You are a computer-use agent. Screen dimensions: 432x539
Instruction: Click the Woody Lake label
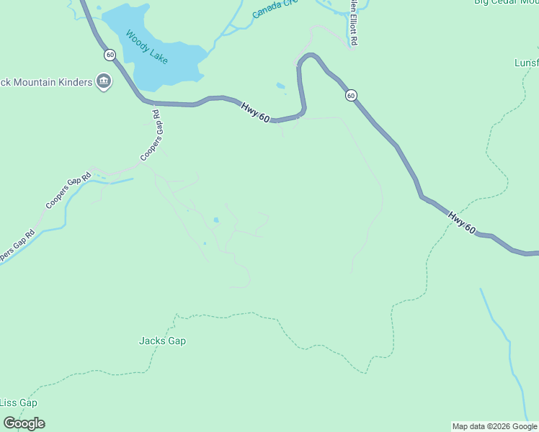pyautogui.click(x=146, y=47)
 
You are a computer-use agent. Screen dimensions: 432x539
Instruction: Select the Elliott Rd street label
pyautogui.click(x=353, y=22)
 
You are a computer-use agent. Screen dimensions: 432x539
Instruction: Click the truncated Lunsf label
pyautogui.click(x=526, y=63)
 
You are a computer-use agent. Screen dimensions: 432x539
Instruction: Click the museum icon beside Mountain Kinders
pyautogui.click(x=104, y=81)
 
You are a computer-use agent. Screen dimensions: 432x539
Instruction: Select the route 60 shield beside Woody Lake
pyautogui.click(x=110, y=55)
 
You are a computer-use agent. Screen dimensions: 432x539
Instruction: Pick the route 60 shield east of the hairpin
pyautogui.click(x=350, y=95)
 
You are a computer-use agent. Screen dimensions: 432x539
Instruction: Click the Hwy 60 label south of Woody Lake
pyautogui.click(x=255, y=112)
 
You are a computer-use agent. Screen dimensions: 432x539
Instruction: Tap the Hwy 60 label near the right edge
pyautogui.click(x=461, y=222)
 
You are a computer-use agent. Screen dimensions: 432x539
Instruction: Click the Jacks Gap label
pyautogui.click(x=162, y=341)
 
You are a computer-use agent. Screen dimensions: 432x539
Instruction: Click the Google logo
pyautogui.click(x=24, y=423)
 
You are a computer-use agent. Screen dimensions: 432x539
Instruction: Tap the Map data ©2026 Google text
pyautogui.click(x=494, y=426)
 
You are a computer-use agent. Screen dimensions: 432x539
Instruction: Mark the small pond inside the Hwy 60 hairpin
pyautogui.click(x=280, y=86)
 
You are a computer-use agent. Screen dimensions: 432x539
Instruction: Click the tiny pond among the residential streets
pyautogui.click(x=215, y=220)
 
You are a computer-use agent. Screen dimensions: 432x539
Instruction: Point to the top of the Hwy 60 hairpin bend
pyautogui.click(x=310, y=55)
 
